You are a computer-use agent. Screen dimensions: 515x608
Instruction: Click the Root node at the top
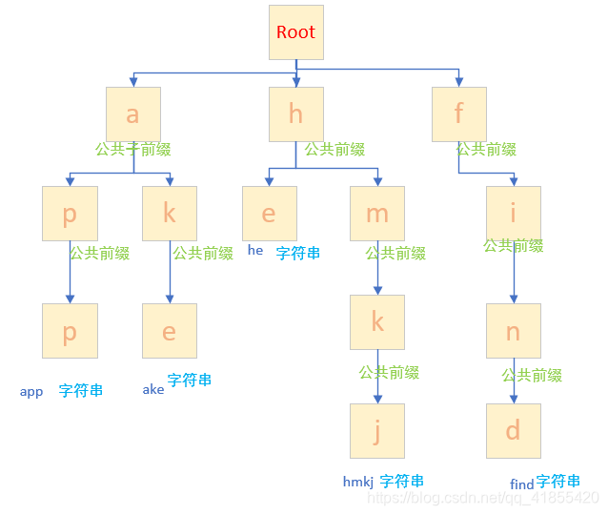click(295, 32)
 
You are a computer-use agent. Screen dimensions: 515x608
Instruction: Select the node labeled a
click(132, 114)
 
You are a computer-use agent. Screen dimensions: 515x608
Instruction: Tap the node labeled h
click(295, 114)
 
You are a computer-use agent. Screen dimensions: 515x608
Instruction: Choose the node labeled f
click(458, 114)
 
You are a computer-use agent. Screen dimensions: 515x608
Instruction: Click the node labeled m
click(377, 214)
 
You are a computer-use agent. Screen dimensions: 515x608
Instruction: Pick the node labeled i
click(514, 214)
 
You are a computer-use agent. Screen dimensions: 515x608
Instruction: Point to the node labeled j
click(377, 431)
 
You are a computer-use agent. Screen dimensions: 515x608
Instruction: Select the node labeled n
click(514, 331)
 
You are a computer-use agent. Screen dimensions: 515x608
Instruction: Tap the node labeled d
click(514, 431)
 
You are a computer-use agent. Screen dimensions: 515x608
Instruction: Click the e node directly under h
click(269, 214)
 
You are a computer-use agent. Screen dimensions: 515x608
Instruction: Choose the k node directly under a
click(170, 214)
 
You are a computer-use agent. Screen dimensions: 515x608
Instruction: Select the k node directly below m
click(377, 322)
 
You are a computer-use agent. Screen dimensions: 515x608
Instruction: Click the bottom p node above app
click(70, 331)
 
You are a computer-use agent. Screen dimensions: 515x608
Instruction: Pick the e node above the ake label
click(170, 331)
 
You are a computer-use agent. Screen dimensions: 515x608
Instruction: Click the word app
click(31, 392)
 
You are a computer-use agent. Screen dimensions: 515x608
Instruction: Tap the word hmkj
click(358, 483)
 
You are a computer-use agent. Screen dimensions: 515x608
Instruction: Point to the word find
click(522, 484)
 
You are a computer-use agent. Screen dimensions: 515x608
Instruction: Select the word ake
click(153, 389)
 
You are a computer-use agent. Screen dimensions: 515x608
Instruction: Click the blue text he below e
click(255, 250)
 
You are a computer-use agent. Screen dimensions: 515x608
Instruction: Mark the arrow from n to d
click(514, 381)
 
